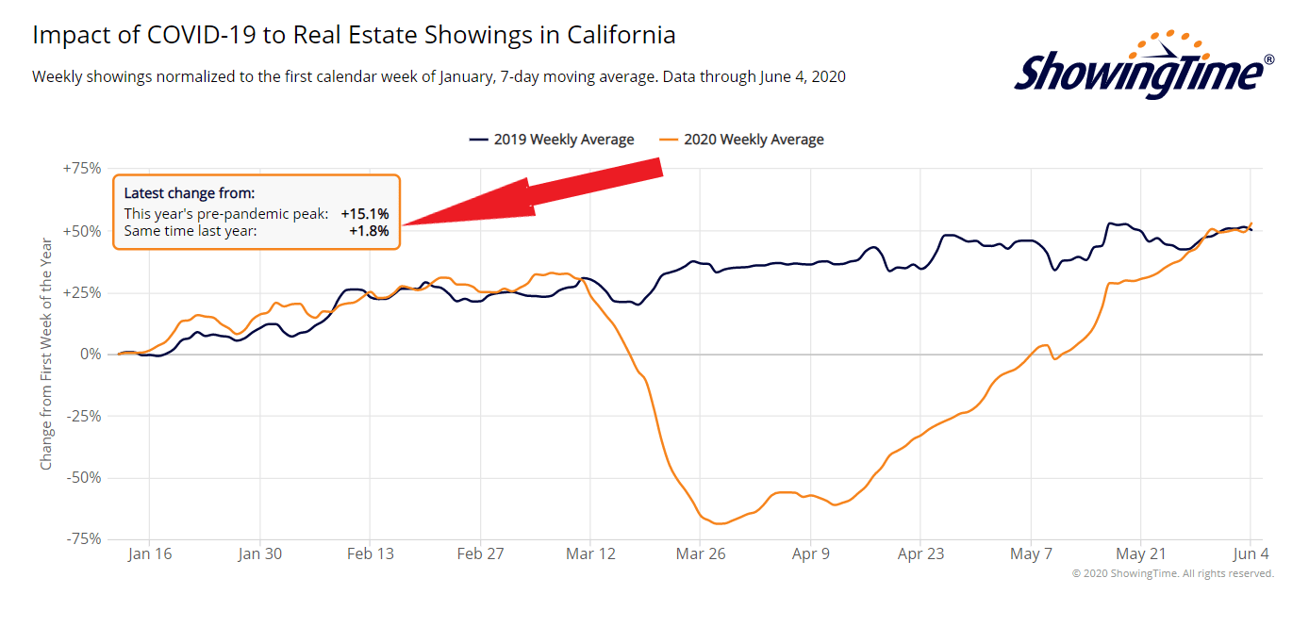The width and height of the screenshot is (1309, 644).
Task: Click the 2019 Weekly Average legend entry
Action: [x=553, y=140]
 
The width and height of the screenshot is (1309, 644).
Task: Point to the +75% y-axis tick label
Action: [x=81, y=169]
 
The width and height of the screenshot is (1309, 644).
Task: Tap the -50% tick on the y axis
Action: [x=83, y=477]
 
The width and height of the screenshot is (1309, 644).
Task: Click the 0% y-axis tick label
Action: [x=91, y=354]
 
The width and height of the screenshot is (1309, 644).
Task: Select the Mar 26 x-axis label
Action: [x=701, y=553]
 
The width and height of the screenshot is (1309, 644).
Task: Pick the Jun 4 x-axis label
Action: [x=1250, y=553]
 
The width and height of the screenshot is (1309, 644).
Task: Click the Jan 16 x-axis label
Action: [x=150, y=553]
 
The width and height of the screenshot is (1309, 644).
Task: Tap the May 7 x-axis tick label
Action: [x=1031, y=553]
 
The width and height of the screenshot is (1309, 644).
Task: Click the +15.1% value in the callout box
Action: [x=365, y=214]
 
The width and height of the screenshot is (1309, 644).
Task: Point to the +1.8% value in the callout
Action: [x=369, y=230]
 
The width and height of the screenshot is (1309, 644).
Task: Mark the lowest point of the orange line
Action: [x=719, y=523]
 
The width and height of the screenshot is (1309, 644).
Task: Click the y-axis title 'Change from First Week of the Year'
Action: [x=46, y=354]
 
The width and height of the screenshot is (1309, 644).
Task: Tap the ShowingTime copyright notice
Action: [x=1172, y=573]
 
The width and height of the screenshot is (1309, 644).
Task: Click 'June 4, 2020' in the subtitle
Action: [x=803, y=76]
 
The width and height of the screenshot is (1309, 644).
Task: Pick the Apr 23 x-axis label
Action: [x=920, y=553]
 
